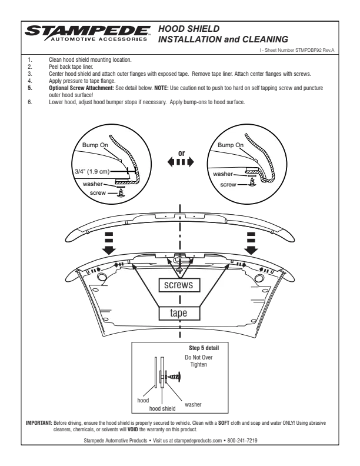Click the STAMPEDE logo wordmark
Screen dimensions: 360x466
pos(88,31)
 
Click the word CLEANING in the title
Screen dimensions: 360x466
pos(265,39)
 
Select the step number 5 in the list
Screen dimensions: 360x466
pos(29,88)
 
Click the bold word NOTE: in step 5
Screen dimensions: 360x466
pos(161,88)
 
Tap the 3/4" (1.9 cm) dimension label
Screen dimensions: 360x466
pos(92,171)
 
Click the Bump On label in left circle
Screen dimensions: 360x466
pos(95,145)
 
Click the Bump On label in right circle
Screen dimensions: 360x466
pos(231,145)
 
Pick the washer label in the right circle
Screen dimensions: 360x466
pos(223,174)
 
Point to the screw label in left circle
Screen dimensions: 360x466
pos(98,193)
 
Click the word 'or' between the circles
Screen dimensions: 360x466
pos(182,154)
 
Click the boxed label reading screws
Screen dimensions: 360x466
pos(179,285)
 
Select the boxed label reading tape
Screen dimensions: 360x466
pos(179,313)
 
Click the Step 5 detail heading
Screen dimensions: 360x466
pos(204,348)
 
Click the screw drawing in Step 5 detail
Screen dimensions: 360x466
pos(174,377)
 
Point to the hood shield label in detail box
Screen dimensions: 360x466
pos(162,409)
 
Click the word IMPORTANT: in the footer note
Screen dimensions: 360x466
pos(39,423)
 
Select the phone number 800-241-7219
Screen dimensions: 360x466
pos(242,441)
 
